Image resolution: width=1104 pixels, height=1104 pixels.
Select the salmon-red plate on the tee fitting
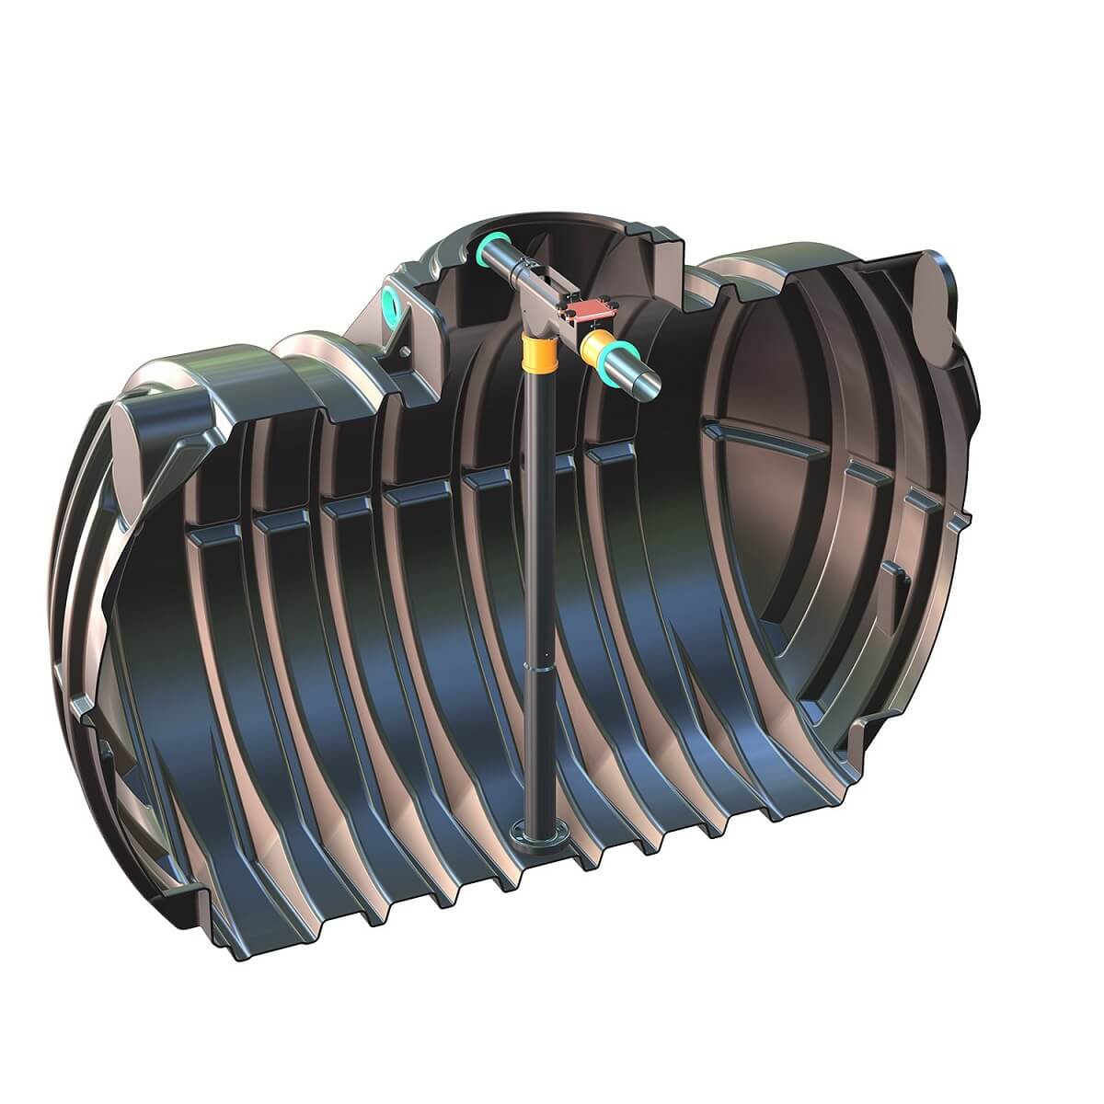(592, 314)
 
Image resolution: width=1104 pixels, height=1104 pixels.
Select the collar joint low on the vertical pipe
(535, 661)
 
